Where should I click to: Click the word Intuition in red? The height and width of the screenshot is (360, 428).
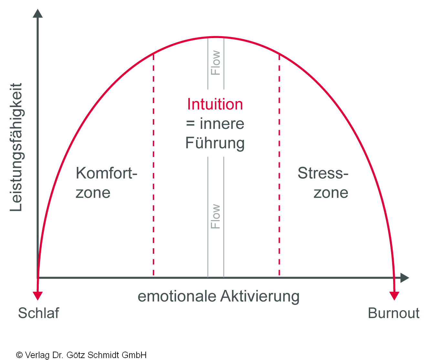pos(215,105)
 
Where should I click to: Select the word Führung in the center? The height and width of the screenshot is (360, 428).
pos(215,143)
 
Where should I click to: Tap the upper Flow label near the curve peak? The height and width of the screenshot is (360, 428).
pos(215,63)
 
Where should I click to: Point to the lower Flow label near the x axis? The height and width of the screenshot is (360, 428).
pos(215,216)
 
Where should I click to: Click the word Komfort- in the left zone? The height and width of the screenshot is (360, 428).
pos(106,173)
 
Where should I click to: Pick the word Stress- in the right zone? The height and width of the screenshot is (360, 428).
pos(323,173)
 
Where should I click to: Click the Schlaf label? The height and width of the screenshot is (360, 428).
pos(38,313)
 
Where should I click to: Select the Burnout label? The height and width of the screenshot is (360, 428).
pos(393,313)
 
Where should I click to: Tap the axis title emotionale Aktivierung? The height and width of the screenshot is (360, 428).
pos(218,296)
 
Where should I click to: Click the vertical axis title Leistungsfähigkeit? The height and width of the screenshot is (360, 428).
pos(16,147)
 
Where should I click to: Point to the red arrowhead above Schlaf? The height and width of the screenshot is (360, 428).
pos(38,295)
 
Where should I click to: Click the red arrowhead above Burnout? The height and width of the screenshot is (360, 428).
pos(394,295)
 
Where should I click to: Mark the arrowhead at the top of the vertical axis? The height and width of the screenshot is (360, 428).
pos(38,14)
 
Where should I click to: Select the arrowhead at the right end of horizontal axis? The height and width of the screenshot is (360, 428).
pos(404,278)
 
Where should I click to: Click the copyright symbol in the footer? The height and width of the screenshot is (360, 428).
pos(19,355)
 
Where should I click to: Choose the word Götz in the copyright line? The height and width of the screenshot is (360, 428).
pos(76,355)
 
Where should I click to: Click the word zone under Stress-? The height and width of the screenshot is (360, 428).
pos(331,193)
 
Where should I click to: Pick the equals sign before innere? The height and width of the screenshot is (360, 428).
pos(190,124)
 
